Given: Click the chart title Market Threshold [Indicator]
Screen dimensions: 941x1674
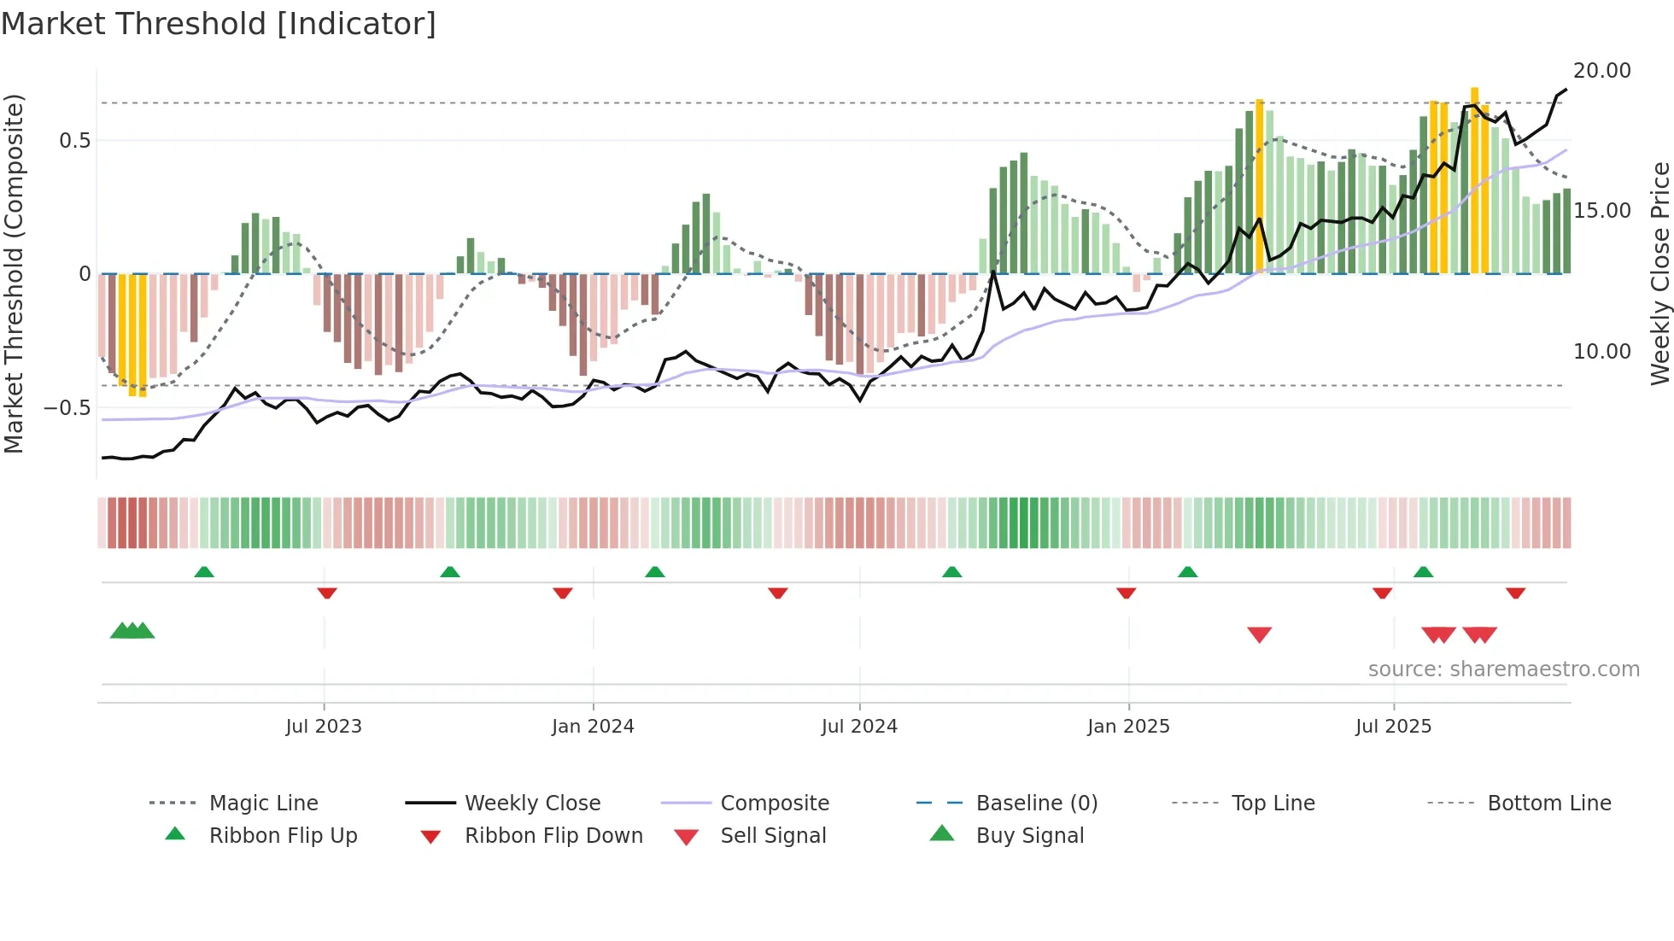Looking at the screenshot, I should point(219,24).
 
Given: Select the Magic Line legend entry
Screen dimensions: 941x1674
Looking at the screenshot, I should point(263,804).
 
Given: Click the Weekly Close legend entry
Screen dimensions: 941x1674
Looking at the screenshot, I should point(532,804).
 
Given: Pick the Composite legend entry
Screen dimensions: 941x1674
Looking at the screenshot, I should point(774,804).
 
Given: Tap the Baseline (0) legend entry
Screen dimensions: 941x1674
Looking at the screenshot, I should point(1036,804).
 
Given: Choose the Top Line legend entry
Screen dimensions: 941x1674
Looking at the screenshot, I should point(1273,804).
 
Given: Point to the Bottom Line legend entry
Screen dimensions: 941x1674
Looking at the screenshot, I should point(1548,804).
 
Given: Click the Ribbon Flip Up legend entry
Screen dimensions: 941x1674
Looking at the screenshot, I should point(283,836).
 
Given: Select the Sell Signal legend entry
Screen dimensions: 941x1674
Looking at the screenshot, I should point(773,836).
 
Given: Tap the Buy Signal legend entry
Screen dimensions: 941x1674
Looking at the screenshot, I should point(1029,836).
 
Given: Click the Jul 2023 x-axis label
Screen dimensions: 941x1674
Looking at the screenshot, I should point(324,727).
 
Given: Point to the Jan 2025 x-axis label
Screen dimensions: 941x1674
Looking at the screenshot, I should point(1128,727).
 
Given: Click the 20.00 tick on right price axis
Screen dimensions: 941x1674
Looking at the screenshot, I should point(1601,71).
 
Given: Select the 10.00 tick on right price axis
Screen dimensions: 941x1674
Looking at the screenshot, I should point(1601,352).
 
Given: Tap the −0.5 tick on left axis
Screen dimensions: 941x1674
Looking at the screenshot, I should point(67,408).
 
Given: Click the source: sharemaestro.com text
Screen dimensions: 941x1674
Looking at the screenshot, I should point(1503,669).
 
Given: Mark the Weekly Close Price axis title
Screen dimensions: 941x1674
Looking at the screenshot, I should point(1659,273).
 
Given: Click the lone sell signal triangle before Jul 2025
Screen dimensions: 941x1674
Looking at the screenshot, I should point(1260,634).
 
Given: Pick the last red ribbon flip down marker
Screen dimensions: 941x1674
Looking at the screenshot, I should point(1516,593).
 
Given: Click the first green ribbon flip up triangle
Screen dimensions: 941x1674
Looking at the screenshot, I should point(204,572).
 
